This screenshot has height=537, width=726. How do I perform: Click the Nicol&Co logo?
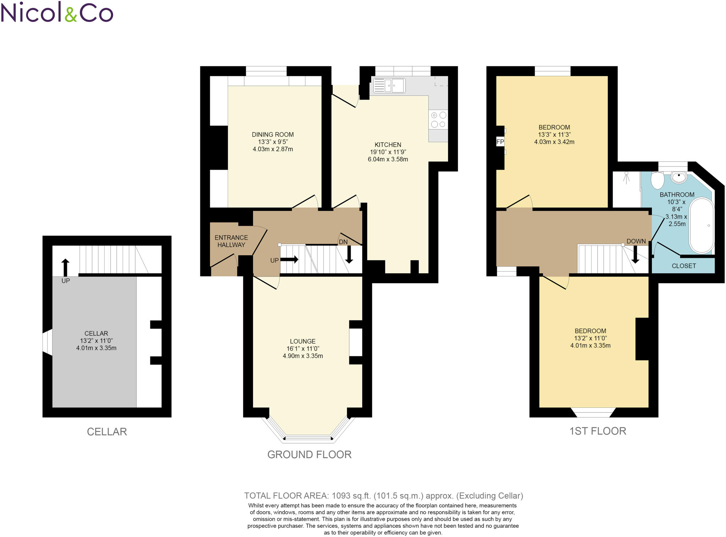coord(57,12)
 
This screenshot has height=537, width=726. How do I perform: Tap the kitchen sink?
coord(389,86)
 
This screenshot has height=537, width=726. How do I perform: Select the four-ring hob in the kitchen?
coord(438,120)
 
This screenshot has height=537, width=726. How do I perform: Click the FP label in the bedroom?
coord(500,142)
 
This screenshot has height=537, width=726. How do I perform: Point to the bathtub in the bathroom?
coord(701,225)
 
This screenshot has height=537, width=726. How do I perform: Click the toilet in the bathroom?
coord(657,180)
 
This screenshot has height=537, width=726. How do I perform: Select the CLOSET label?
coord(683,266)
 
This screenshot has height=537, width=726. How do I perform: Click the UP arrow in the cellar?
coord(65,267)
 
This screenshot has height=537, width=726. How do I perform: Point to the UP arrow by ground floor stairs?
coord(289,259)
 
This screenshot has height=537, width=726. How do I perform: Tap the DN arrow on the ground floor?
coord(349,254)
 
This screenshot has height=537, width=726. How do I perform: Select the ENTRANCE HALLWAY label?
coord(231,241)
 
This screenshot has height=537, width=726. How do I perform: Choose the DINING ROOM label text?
coord(273,135)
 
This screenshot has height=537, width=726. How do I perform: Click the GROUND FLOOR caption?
coord(309,454)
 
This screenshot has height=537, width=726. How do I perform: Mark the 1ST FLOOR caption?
coord(598,431)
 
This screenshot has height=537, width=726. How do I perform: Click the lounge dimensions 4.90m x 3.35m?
coord(302,356)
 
